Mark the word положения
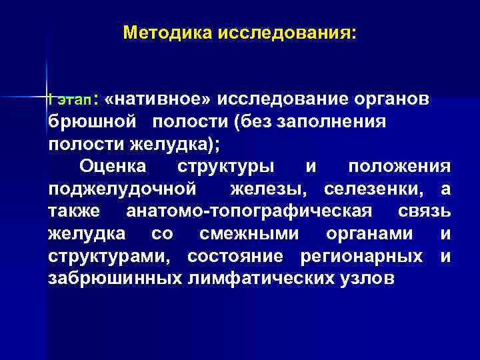tap(399, 166)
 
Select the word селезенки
tap(377, 189)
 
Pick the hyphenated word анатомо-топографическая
tap(249, 211)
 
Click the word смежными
tap(249, 233)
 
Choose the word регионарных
tap(361, 255)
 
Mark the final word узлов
tap(367, 278)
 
